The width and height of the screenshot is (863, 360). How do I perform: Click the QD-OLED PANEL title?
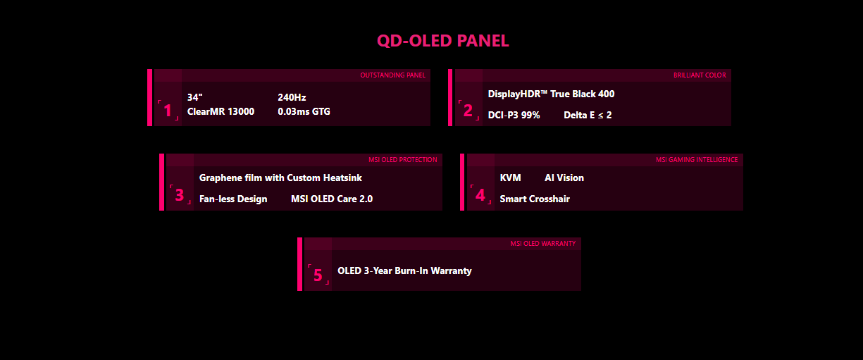[442, 41]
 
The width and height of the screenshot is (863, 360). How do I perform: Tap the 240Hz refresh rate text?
[292, 97]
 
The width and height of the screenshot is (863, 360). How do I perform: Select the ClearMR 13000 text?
[221, 111]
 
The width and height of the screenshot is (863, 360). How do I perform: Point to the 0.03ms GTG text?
[304, 111]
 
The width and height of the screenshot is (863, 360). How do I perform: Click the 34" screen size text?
[195, 97]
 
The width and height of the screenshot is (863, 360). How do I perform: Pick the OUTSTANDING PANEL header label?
[392, 75]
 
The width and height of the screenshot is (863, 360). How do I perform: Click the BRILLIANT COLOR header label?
[700, 75]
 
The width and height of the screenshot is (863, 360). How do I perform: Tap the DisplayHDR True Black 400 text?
[551, 94]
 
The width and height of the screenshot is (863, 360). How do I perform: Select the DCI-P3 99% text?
[514, 115]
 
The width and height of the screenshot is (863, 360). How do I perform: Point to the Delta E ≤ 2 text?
[588, 115]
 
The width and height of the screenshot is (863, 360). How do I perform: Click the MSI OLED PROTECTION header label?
[402, 160]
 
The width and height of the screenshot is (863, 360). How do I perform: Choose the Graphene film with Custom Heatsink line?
[280, 178]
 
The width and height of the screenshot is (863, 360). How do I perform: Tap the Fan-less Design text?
[233, 199]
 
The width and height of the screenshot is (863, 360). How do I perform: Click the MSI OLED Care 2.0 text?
[332, 199]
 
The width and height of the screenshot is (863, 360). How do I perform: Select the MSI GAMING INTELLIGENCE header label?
[697, 160]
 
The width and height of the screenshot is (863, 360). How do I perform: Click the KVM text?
[510, 178]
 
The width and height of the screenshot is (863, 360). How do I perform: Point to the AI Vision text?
[564, 178]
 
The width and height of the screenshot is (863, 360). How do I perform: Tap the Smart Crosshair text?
[535, 199]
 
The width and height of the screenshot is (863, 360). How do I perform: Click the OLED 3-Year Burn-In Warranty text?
[404, 271]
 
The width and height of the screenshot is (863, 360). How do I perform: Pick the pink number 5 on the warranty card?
[318, 275]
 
